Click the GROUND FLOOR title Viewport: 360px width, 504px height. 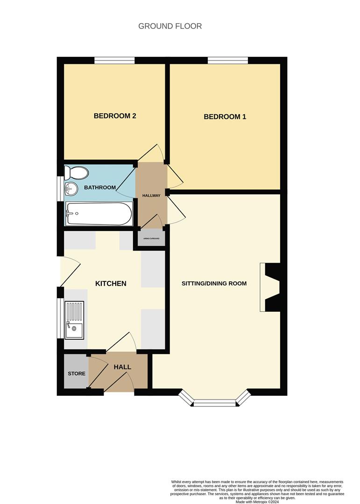[x=170, y=26]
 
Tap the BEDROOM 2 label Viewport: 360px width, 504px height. [x=115, y=116]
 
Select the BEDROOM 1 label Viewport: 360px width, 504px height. [x=225, y=117]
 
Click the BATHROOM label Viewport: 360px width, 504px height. [x=99, y=188]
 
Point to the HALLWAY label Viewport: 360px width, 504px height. [x=151, y=196]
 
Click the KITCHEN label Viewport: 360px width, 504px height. [x=111, y=283]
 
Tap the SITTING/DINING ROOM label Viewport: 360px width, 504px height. [x=214, y=283]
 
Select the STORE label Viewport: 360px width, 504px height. [x=76, y=373]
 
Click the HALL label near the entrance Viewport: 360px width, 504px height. [x=122, y=367]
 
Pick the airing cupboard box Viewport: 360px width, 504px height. [x=151, y=238]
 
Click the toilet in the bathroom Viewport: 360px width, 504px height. [x=77, y=173]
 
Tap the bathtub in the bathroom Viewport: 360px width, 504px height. [x=99, y=214]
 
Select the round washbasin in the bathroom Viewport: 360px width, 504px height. [x=71, y=188]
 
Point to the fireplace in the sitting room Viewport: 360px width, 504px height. [x=271, y=287]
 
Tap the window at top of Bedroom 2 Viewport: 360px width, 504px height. [x=114, y=60]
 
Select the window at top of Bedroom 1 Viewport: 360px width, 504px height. [x=228, y=60]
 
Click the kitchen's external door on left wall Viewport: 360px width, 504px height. [x=61, y=272]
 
